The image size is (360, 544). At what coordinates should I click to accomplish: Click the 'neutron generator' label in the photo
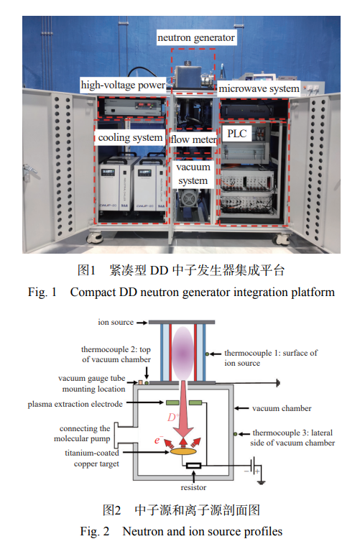pyautogui.click(x=196, y=37)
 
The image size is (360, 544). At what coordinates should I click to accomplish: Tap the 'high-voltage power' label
pyautogui.click(x=123, y=85)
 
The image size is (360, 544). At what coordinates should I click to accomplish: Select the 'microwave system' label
pyautogui.click(x=259, y=89)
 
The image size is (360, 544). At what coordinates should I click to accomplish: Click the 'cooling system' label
pyautogui.click(x=130, y=138)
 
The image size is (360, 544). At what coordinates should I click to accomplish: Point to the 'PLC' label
pyautogui.click(x=237, y=133)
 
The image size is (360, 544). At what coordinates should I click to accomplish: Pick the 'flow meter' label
pyautogui.click(x=193, y=139)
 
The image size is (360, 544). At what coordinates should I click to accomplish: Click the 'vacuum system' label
pyautogui.click(x=193, y=174)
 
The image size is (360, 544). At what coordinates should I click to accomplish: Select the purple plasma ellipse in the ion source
pyautogui.click(x=183, y=353)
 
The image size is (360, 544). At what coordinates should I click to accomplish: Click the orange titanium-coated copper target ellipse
pyautogui.click(x=183, y=451)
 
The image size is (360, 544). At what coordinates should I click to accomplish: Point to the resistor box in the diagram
pyautogui.click(x=193, y=466)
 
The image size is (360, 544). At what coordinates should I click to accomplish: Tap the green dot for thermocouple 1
pyautogui.click(x=207, y=354)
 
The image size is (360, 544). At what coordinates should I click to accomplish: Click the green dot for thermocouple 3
pyautogui.click(x=236, y=433)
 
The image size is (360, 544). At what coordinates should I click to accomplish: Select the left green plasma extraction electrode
pyautogui.click(x=172, y=403)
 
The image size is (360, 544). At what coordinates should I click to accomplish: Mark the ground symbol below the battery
pyautogui.click(x=262, y=482)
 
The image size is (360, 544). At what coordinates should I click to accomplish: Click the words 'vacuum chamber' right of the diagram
pyautogui.click(x=282, y=408)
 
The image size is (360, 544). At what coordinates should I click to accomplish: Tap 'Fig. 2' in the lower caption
pyautogui.click(x=95, y=531)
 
